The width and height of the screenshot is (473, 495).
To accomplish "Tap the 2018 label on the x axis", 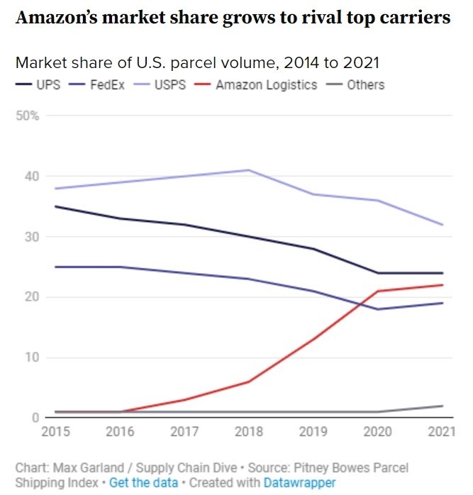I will [x=248, y=432].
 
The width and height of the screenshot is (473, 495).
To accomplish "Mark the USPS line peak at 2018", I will [x=248, y=170].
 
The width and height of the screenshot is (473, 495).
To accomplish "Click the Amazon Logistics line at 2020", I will [x=378, y=291].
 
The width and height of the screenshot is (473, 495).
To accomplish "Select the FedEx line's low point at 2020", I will [x=378, y=309].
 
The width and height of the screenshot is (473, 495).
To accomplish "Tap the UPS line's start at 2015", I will [x=55, y=206].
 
